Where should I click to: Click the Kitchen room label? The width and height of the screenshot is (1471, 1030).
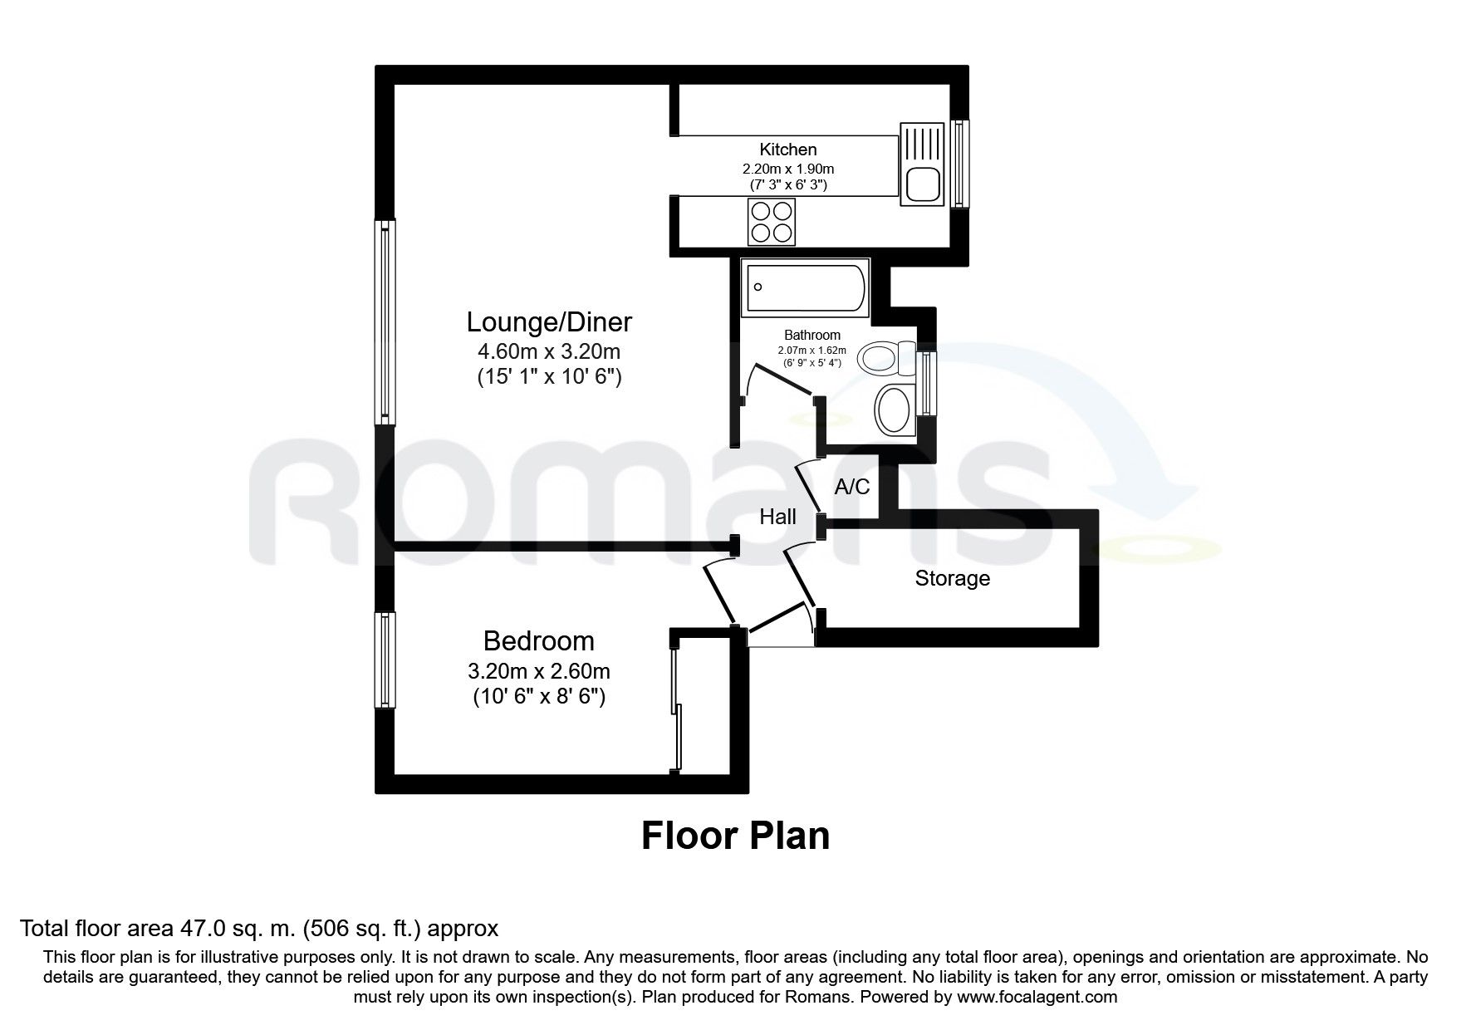787,150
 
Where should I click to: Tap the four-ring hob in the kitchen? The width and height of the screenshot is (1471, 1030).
771,221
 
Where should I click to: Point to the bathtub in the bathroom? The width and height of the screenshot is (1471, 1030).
805,287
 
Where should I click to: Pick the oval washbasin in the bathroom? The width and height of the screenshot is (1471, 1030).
894,410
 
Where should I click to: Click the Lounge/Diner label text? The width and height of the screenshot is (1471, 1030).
549,321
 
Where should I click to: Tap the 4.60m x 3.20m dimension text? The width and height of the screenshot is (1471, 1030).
549,351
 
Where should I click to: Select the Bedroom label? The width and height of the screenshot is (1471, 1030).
539,641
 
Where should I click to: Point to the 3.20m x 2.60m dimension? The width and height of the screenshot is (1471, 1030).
539,669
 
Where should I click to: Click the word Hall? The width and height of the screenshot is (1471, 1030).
777,517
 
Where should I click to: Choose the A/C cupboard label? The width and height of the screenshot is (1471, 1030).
851,487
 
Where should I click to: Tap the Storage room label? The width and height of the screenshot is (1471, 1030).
952,578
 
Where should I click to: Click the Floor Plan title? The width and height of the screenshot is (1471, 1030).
735,836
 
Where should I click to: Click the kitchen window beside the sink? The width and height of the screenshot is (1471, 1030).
959,164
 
